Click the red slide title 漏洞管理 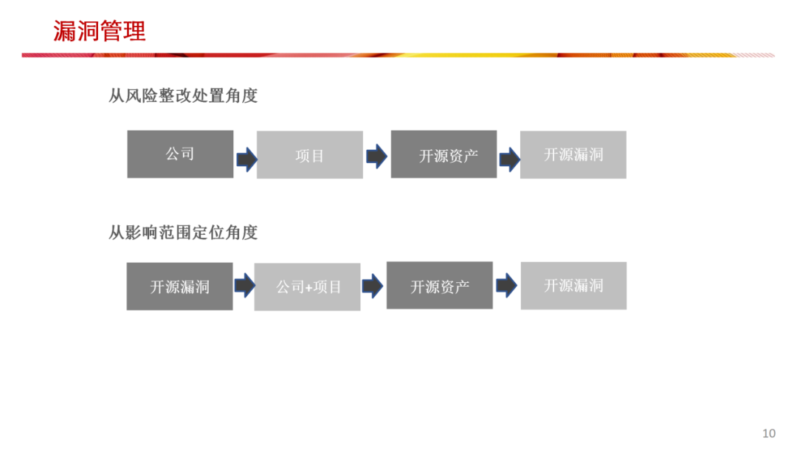pyautogui.click(x=100, y=31)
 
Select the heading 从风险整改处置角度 pyautogui.click(x=183, y=95)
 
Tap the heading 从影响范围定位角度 pyautogui.click(x=183, y=233)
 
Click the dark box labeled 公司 pyautogui.click(x=180, y=154)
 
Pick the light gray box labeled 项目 pyautogui.click(x=310, y=154)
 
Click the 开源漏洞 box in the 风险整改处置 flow pyautogui.click(x=573, y=154)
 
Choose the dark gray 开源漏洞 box pyautogui.click(x=179, y=286)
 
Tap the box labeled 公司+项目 pyautogui.click(x=308, y=287)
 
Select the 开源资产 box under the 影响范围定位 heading pyautogui.click(x=440, y=285)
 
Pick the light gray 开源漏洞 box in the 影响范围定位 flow pyautogui.click(x=573, y=285)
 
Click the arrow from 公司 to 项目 pyautogui.click(x=246, y=158)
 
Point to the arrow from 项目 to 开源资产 pyautogui.click(x=376, y=156)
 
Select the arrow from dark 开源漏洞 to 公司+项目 pyautogui.click(x=244, y=285)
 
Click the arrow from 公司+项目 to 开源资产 pyautogui.click(x=373, y=285)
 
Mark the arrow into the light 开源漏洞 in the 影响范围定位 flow pyautogui.click(x=506, y=285)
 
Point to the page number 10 pyautogui.click(x=769, y=433)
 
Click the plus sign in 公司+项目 pyautogui.click(x=308, y=287)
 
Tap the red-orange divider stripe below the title pyautogui.click(x=398, y=55)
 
